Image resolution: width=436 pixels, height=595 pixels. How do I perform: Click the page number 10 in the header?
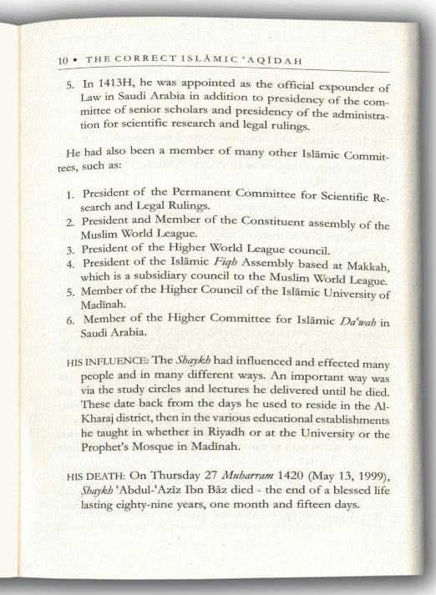[x=62, y=61]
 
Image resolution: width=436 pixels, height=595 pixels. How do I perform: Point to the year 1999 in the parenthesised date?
[x=360, y=477]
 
